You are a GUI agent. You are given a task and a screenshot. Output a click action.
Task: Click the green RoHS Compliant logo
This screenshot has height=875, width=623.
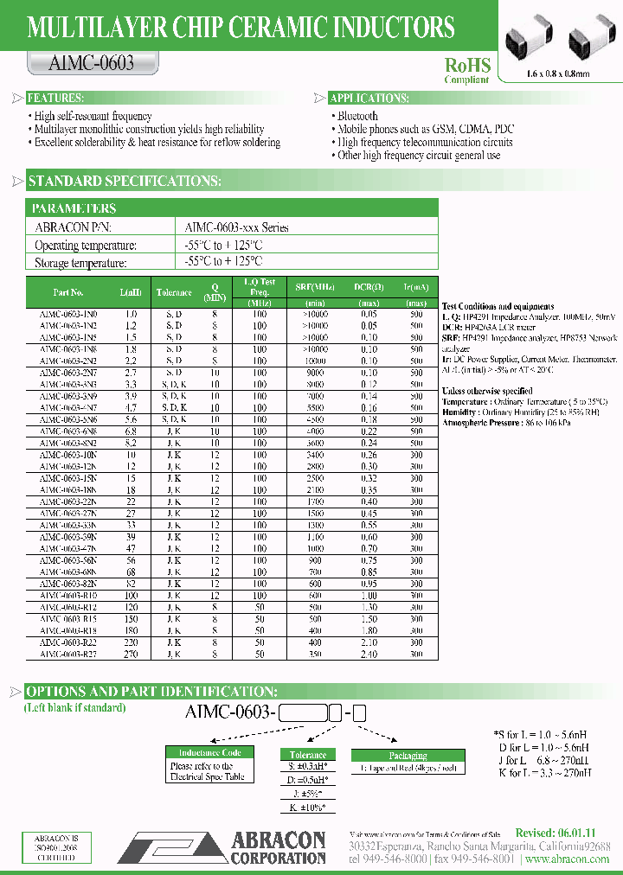(x=467, y=69)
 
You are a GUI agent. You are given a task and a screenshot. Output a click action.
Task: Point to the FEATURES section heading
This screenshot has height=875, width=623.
(x=55, y=99)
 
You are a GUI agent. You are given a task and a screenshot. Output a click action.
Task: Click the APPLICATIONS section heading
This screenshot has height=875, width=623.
(x=369, y=99)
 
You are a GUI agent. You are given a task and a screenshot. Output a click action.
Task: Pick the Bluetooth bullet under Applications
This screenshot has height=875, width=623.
(x=358, y=116)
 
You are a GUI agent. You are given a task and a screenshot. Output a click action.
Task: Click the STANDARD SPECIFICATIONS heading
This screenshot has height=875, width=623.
(x=124, y=182)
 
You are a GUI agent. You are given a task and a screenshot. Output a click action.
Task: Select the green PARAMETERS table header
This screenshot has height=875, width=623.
(x=74, y=208)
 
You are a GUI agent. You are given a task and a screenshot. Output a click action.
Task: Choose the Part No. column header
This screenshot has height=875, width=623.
(x=68, y=292)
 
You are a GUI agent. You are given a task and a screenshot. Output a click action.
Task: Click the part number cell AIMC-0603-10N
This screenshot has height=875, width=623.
(x=68, y=455)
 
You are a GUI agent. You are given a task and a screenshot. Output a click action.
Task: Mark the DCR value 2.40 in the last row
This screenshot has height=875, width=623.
(x=369, y=655)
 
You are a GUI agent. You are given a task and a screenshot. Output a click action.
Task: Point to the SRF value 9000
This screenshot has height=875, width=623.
(x=315, y=373)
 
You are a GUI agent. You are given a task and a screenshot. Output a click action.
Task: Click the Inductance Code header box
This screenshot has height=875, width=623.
(x=209, y=753)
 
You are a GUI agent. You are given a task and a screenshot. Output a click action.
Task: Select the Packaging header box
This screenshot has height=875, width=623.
(x=408, y=755)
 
